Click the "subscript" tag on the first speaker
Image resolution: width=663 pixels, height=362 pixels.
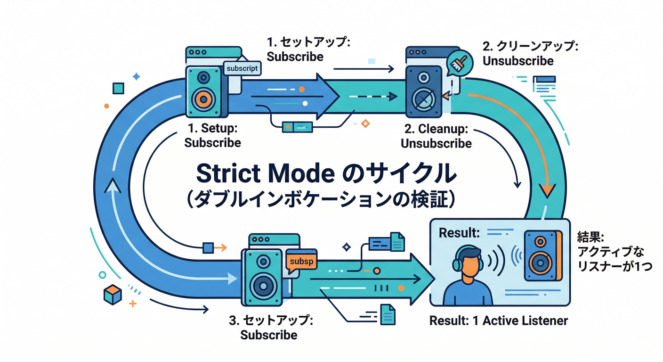click(242, 69)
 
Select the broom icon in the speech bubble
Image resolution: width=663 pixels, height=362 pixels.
click(457, 63)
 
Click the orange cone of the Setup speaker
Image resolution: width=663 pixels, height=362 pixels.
click(203, 98)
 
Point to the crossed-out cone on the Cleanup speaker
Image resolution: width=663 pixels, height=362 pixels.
click(423, 99)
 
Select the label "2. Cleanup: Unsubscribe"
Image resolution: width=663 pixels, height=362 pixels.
click(436, 136)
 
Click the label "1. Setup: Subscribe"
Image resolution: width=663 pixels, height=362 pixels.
click(213, 135)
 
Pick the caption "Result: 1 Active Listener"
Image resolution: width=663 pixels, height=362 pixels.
click(499, 321)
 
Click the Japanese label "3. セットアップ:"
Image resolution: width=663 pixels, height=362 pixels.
click(271, 321)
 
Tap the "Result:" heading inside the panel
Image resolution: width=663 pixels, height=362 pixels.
click(459, 232)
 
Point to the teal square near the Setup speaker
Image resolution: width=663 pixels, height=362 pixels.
click(118, 89)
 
